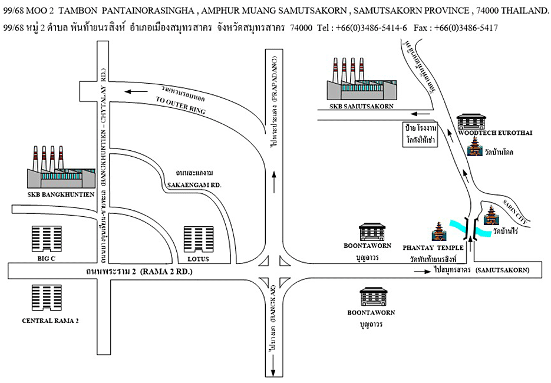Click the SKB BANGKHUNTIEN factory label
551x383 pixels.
(61, 193)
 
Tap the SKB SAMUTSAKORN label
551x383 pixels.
(355, 106)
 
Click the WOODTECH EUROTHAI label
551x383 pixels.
(495, 133)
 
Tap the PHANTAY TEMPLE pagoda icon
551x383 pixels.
(439, 233)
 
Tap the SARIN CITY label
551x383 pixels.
(516, 211)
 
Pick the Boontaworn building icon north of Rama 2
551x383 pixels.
(372, 232)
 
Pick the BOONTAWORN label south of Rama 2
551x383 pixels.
(371, 312)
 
